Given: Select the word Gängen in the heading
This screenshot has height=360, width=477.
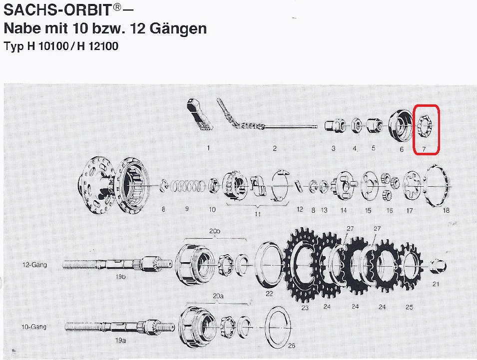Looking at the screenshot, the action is pyautogui.click(x=178, y=28).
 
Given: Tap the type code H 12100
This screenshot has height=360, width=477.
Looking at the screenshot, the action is pyautogui.click(x=98, y=46).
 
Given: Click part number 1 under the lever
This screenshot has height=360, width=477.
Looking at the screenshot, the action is pyautogui.click(x=208, y=148).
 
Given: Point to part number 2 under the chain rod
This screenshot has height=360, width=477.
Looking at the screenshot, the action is pyautogui.click(x=275, y=148).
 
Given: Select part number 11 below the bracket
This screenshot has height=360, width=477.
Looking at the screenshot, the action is pyautogui.click(x=258, y=214).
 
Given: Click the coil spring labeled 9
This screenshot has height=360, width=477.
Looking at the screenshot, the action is pyautogui.click(x=187, y=186).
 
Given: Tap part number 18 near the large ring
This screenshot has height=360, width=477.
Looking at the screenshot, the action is pyautogui.click(x=446, y=210).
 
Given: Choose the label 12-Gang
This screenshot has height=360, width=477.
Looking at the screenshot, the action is pyautogui.click(x=34, y=265).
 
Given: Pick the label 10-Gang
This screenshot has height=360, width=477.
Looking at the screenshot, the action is pyautogui.click(x=34, y=327).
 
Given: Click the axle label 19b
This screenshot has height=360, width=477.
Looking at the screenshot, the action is pyautogui.click(x=120, y=277).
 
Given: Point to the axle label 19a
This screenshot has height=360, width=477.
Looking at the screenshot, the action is pyautogui.click(x=120, y=341).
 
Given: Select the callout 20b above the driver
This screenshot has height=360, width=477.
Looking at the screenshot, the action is pyautogui.click(x=215, y=231).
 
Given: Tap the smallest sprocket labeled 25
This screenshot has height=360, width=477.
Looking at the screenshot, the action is pyautogui.click(x=410, y=267).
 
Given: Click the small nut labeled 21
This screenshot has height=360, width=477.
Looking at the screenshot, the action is pyautogui.click(x=439, y=266).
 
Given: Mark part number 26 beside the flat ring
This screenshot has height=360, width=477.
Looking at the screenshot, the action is pyautogui.click(x=291, y=346).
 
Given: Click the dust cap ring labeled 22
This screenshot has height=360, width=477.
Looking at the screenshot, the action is pyautogui.click(x=269, y=265).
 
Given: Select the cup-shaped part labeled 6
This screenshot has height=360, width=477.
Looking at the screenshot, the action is pyautogui.click(x=401, y=126).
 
